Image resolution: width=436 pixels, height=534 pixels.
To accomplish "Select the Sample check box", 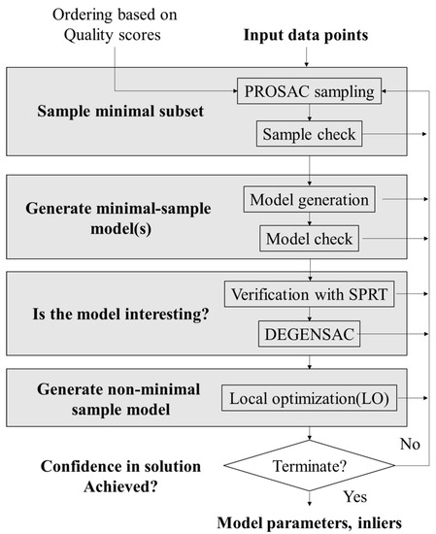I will (308, 134).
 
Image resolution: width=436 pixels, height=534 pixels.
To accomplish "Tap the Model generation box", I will (308, 200).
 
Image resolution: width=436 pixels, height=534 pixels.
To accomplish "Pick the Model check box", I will (308, 237).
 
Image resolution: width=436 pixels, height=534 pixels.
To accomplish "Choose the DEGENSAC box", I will (308, 334).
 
